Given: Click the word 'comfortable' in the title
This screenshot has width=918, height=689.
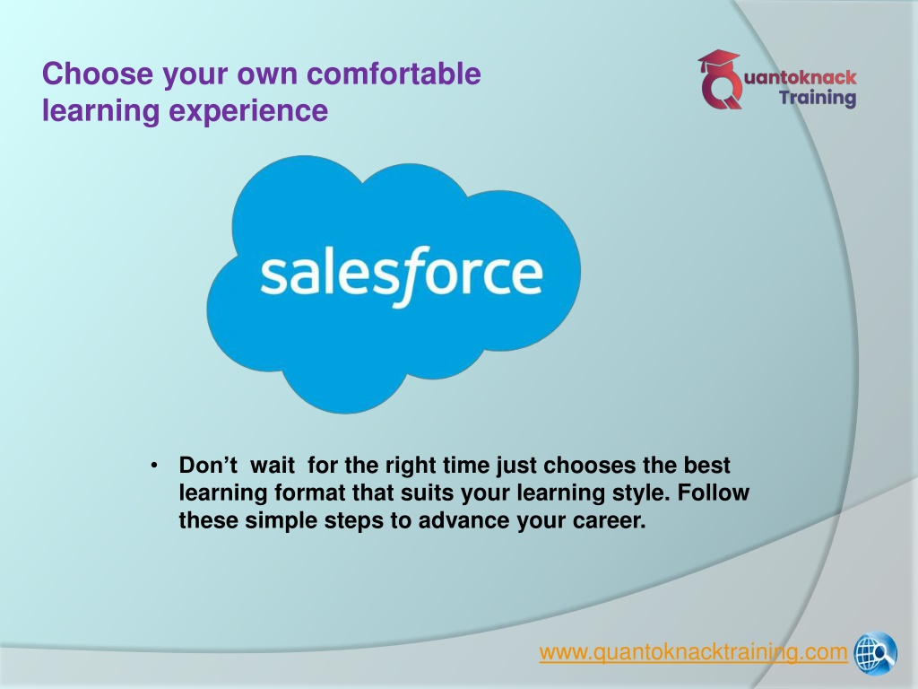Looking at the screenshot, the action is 394,74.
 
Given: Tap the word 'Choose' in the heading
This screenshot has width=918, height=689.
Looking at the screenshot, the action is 98,74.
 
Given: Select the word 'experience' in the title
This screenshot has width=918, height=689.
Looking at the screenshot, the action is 248,110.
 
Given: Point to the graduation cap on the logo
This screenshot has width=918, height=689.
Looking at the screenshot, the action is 718,61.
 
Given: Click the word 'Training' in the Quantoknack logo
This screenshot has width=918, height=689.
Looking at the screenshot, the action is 818,98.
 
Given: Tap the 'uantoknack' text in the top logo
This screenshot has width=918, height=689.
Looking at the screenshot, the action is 800,77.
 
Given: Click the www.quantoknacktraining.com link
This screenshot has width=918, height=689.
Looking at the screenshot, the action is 693,652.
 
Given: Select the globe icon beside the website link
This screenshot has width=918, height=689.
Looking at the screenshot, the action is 875,652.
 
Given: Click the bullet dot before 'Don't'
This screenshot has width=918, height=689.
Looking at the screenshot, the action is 154,466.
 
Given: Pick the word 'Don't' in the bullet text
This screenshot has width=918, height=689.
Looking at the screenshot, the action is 208,466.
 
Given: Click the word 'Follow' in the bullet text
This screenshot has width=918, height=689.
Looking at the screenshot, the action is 713,493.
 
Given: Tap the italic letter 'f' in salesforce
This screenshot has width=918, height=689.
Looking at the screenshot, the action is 410,276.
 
